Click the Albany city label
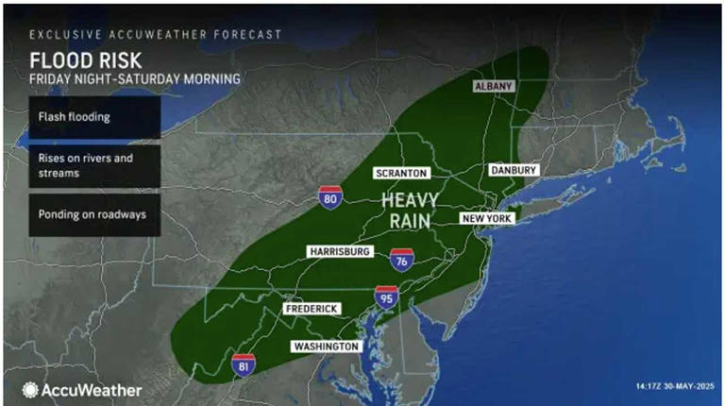coord(492,86)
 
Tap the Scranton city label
coord(402,173)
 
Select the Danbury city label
coord(514,170)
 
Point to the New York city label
coord(486,218)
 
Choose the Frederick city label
coord(312,309)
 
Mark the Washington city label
coord(326,347)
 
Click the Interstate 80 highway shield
coord(329,196)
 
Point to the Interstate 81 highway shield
coord(243,364)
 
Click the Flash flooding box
coord(81,118)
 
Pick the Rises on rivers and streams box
coord(81,165)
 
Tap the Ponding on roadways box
coord(81,214)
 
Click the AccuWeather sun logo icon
coord(31,389)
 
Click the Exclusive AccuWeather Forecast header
coord(155,34)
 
